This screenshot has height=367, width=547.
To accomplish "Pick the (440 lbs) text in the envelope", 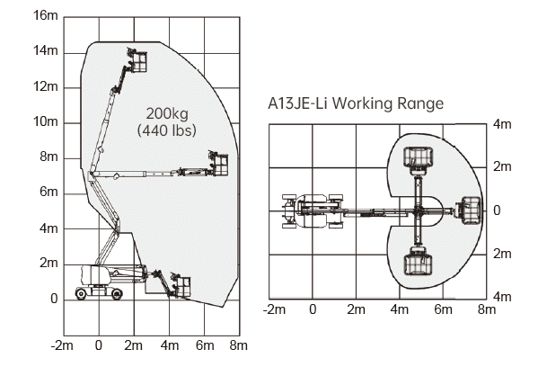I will pos(167,130).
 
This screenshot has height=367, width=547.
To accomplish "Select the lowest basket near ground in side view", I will pos(180,285).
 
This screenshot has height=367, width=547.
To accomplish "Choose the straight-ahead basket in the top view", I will pos(467,210).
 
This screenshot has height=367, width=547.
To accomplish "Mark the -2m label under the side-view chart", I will pos(62,345).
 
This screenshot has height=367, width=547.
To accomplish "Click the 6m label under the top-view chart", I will pos(443,310).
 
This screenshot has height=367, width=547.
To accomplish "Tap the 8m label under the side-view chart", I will pos(238,345).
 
